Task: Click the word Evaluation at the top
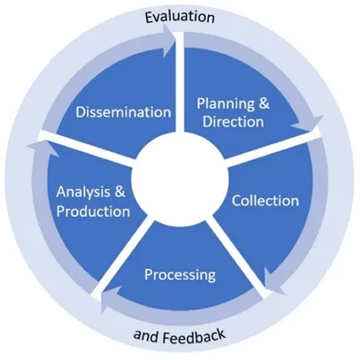[x=180, y=17]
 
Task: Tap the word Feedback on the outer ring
[x=194, y=337]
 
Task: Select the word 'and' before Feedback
[x=146, y=335]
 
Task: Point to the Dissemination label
[x=123, y=112]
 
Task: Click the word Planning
[x=226, y=104]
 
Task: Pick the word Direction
[x=233, y=121]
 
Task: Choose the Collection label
[x=265, y=201]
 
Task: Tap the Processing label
[x=180, y=275]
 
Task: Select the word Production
[x=93, y=211]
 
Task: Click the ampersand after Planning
[x=265, y=103]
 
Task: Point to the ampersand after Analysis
[x=119, y=192]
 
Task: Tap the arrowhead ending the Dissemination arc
[x=169, y=41]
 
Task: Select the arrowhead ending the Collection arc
[x=273, y=282]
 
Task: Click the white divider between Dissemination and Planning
[x=180, y=81]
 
